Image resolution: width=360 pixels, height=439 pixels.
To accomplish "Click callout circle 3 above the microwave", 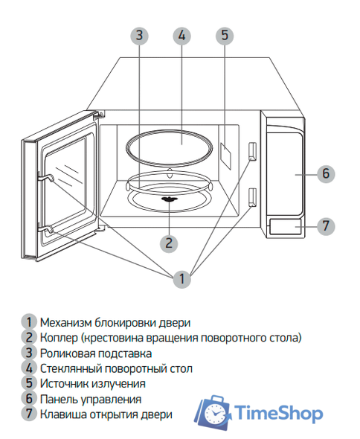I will point(139,35).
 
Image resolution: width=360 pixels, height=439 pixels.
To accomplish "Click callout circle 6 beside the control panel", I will point(325,173).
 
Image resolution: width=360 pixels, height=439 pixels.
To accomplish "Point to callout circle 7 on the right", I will point(325,225).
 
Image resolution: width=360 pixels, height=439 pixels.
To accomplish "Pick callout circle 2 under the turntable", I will point(170,242).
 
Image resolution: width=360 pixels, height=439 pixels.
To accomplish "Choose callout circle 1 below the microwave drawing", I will point(181,280).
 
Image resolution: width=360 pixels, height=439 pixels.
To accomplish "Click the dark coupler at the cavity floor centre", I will point(170,199).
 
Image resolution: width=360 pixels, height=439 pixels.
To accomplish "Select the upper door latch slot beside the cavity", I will point(253,151).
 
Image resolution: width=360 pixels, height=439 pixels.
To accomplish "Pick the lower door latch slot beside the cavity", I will point(253,196).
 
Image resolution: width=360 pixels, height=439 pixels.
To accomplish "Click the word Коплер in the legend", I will point(59,337).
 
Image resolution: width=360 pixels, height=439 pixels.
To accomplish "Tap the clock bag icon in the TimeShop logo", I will point(213,412).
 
